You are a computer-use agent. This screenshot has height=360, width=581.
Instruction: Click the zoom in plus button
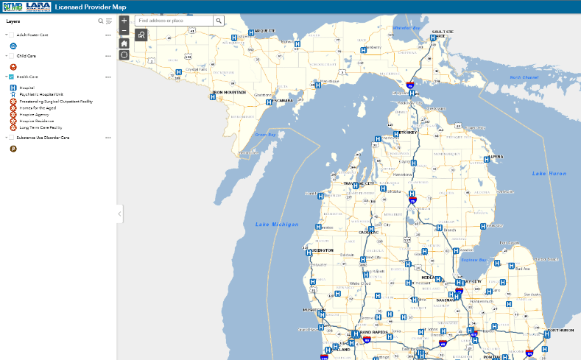click(x=124, y=21)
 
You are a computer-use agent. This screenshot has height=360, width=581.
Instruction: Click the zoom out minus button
click(x=124, y=31)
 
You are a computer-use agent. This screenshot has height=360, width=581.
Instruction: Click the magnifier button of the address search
click(x=219, y=21)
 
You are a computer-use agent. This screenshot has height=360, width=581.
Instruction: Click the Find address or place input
click(x=174, y=21)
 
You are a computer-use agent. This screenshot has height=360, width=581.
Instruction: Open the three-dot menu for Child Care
click(x=108, y=55)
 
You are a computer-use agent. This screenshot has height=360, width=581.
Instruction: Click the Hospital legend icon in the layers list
click(x=13, y=88)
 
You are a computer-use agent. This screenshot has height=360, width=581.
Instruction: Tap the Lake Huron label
click(x=550, y=173)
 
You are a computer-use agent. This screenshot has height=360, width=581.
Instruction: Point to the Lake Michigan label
click(x=277, y=224)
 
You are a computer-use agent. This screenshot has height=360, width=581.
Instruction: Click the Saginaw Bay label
click(x=473, y=259)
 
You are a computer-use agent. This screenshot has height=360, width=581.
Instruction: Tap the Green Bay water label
click(x=264, y=135)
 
